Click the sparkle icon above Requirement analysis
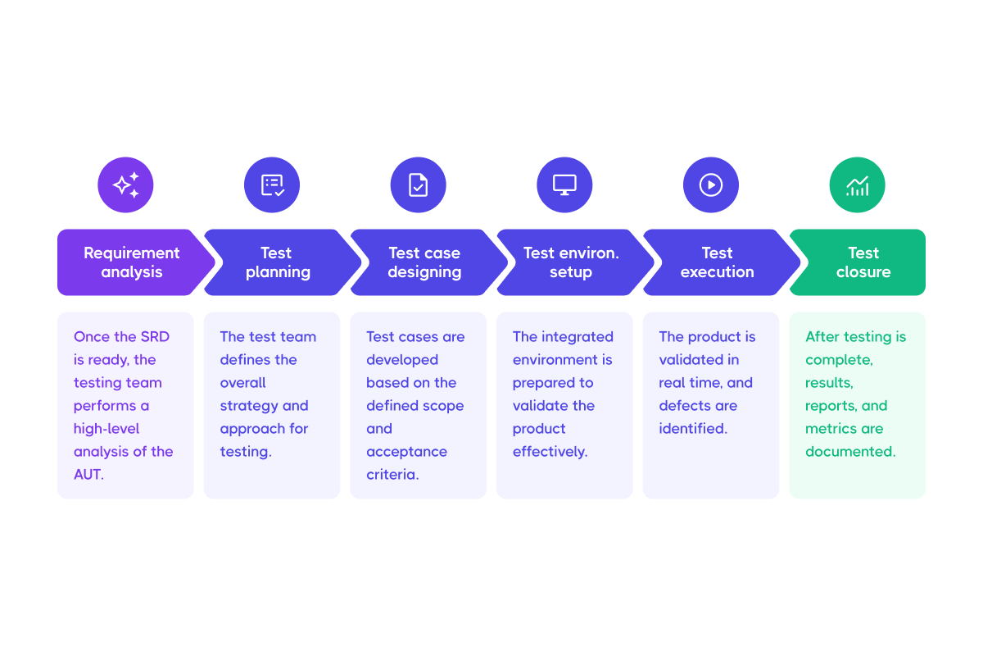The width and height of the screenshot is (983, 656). tap(125, 185)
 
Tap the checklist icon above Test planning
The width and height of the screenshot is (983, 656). tap(272, 185)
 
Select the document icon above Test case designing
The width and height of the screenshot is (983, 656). tap(418, 185)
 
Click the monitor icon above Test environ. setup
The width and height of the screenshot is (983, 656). tap(564, 185)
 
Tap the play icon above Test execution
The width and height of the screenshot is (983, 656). tap(711, 185)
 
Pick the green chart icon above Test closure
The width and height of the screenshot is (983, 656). tap(857, 185)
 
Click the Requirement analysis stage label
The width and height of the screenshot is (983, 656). tap(131, 262)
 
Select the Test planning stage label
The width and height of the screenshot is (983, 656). tap(278, 262)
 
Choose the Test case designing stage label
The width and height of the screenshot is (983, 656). tap(424, 262)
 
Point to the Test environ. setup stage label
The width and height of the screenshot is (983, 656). tap(571, 262)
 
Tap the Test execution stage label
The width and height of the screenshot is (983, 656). tap(717, 262)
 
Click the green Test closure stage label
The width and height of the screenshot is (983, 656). tap(863, 262)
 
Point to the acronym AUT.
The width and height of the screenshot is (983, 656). tap(88, 475)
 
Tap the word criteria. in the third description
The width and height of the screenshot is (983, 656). tap(392, 475)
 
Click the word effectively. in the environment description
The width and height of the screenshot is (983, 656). tap(550, 452)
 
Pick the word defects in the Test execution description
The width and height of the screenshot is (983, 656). tap(686, 406)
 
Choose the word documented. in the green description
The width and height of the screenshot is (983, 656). tap(850, 452)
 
